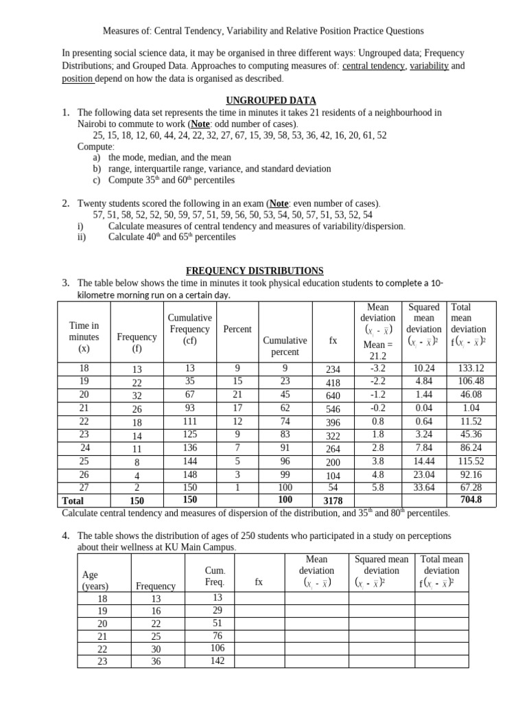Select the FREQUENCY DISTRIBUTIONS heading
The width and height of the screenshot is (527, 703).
[255, 270]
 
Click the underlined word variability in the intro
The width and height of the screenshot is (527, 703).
[429, 66]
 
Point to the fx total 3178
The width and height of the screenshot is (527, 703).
[333, 501]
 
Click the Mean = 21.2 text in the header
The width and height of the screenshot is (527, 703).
[377, 350]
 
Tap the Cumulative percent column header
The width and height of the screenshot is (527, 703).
[285, 346]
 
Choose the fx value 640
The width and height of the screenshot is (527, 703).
[333, 396]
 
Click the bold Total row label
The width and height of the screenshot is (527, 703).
[73, 500]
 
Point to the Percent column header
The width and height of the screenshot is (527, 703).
[237, 330]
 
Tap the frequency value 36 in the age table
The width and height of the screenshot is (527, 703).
[156, 662]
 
